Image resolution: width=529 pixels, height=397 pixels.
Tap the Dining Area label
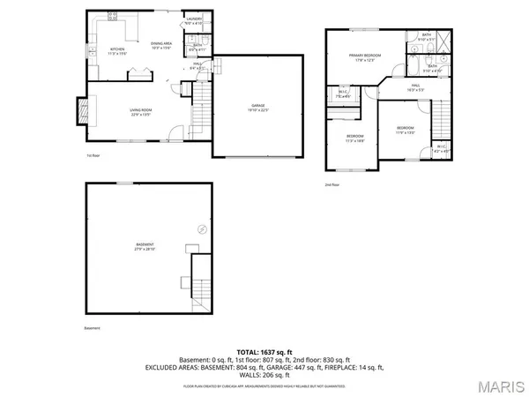[x=160, y=45]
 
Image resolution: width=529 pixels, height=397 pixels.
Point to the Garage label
[x=257, y=108]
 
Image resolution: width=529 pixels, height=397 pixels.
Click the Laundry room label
[x=193, y=21]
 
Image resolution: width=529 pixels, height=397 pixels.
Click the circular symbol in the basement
[x=202, y=228]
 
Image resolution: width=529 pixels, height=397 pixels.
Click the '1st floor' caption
[x=91, y=155]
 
